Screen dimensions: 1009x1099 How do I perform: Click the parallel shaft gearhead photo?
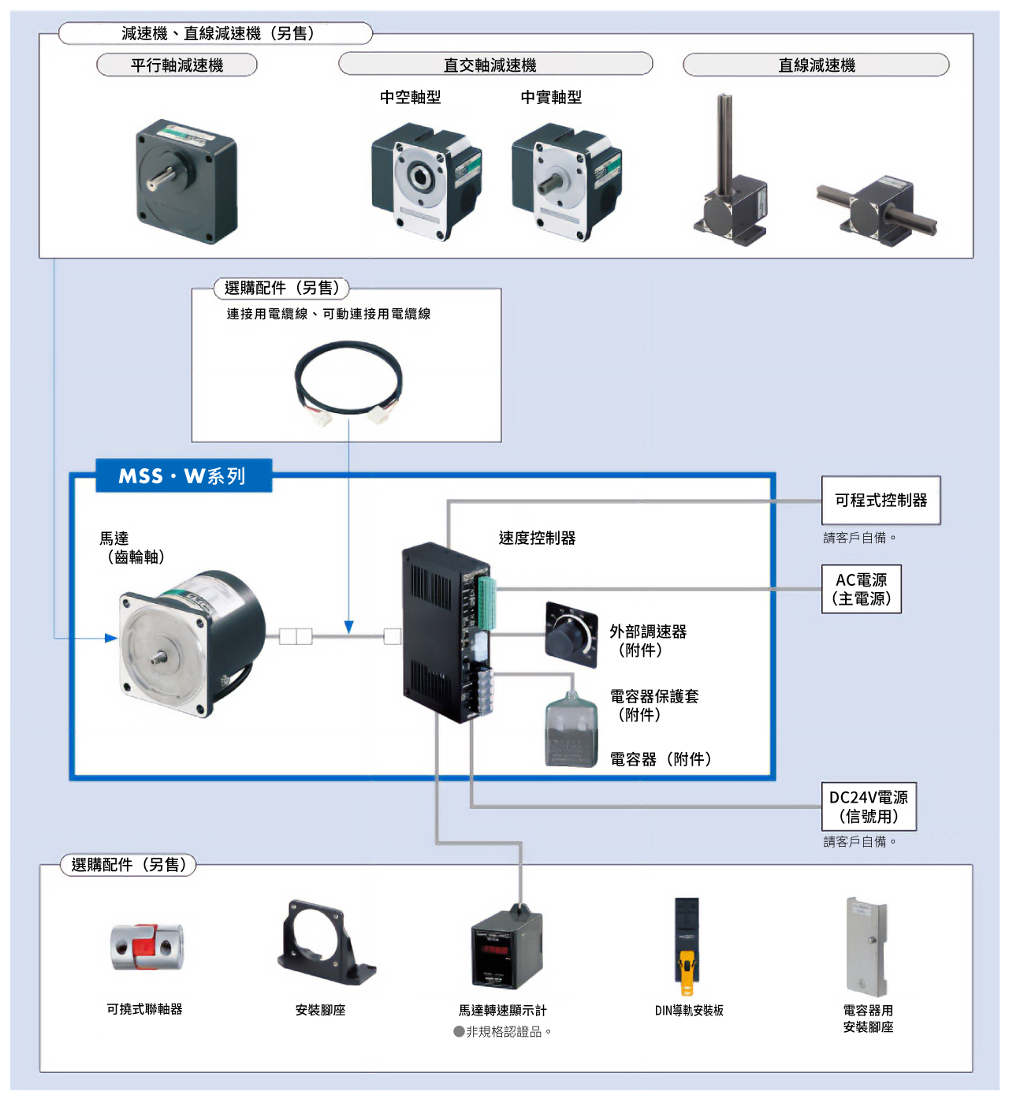click(186, 182)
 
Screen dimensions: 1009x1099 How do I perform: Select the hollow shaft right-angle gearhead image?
click(426, 182)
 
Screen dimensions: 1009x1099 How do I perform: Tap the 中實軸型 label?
click(550, 98)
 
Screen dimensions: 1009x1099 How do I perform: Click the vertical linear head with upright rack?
click(730, 170)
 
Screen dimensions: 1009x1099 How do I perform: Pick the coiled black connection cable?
click(348, 382)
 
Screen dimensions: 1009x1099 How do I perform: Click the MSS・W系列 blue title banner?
click(184, 475)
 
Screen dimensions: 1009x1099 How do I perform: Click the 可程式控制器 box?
click(881, 500)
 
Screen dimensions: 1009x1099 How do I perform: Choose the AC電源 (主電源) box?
click(861, 589)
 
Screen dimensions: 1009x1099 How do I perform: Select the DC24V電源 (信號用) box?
click(868, 807)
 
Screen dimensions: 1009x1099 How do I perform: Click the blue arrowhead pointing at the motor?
click(110, 638)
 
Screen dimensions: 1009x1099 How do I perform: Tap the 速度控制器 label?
click(537, 538)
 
